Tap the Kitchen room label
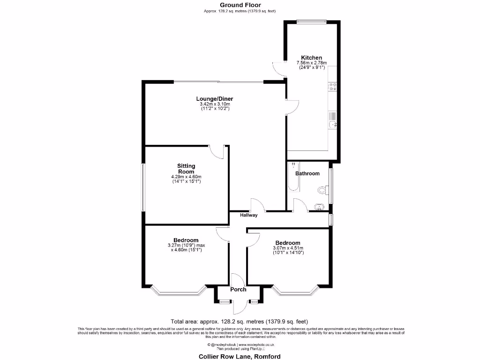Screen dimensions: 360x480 point(311,58)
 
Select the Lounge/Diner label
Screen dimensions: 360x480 point(214,99)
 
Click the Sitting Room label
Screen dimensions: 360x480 point(186,169)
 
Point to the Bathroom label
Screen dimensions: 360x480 point(307,173)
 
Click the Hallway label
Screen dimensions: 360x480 point(249,216)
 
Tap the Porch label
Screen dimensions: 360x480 point(238,289)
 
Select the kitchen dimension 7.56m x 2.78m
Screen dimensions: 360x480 point(311,63)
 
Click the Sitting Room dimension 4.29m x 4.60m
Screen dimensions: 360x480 point(186,177)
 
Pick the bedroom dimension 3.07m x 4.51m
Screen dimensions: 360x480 point(288,248)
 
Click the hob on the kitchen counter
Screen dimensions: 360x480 point(333,86)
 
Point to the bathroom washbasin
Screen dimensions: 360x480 point(319,206)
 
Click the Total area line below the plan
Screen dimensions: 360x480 point(239,322)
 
